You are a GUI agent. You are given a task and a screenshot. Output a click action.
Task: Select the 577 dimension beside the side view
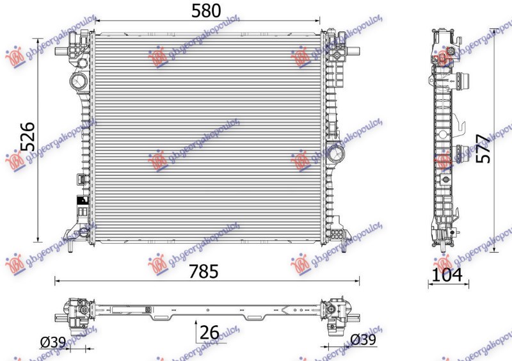[484, 148]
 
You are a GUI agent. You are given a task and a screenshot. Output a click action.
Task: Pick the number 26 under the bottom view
[209, 332]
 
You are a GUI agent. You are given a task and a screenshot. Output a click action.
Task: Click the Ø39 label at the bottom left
[52, 342]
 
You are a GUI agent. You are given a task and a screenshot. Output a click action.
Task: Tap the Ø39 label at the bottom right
[364, 340]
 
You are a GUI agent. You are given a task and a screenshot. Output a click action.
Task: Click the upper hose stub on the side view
[464, 81]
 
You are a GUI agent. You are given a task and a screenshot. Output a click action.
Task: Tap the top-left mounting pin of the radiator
[78, 33]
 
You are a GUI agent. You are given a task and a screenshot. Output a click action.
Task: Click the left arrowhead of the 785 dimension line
[56, 280]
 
